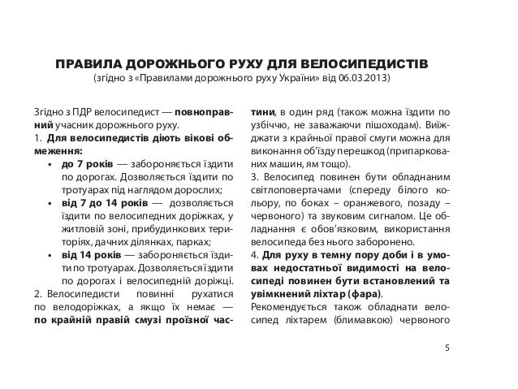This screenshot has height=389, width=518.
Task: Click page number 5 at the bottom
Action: click(447, 348)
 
